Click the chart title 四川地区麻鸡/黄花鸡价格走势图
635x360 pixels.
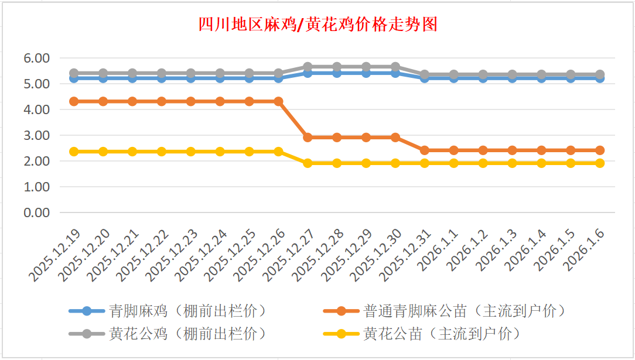pos(317,25)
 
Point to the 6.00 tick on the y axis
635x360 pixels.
pos(36,58)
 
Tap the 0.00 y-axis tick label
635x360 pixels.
pos(36,212)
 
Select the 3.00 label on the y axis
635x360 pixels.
pos(36,135)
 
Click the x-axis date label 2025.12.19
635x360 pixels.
pos(56,256)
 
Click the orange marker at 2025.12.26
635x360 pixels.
pos(278,101)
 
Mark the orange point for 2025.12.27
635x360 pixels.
pos(308,138)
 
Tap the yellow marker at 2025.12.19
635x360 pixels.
pos(74,152)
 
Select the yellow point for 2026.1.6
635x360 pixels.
pos(600,163)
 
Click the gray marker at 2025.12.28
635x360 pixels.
pos(337,67)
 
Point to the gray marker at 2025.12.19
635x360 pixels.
pos(74,73)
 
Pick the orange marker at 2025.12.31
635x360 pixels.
pos(425,150)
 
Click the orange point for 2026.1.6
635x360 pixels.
pos(600,150)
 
